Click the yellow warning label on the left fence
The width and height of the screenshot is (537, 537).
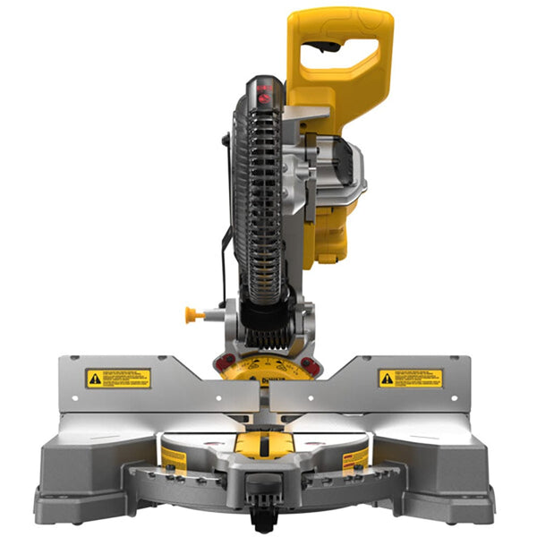tap(118, 378)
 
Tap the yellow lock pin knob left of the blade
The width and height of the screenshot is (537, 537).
tap(191, 314)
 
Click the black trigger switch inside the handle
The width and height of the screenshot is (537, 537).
tap(323, 47)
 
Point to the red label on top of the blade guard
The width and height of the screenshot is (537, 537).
tap(266, 89)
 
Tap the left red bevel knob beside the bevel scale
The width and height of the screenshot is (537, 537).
tap(225, 362)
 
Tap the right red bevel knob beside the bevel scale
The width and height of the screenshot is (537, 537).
tap(310, 365)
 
